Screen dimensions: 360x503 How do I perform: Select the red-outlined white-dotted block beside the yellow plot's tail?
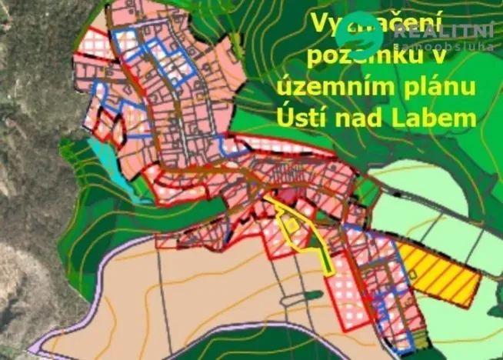pos(347,300)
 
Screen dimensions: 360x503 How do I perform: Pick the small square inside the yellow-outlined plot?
pos(292,224)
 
